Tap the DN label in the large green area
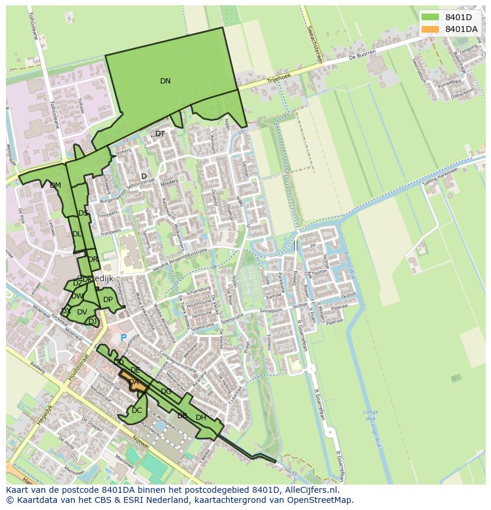(165, 81)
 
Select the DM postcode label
(55, 185)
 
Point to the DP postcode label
(108, 300)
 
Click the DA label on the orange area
(133, 383)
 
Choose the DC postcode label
(137, 410)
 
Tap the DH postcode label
(201, 418)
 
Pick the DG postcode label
(166, 392)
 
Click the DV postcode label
(82, 312)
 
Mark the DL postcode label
(77, 234)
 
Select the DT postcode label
(160, 134)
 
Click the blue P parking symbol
(123, 338)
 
